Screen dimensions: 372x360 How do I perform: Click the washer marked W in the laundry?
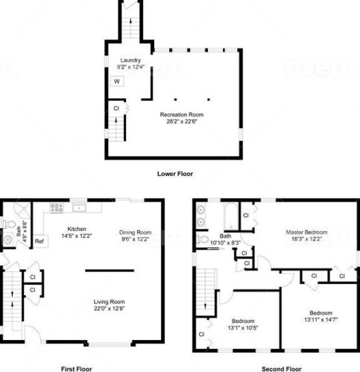[117, 82]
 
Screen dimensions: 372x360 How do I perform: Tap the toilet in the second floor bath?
[201, 239]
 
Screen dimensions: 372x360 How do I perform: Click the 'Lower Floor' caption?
[174, 174]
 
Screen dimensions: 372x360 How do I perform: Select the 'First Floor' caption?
[77, 368]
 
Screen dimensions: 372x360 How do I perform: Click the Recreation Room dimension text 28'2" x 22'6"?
[181, 123]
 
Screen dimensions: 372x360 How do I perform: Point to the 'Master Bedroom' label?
[306, 232]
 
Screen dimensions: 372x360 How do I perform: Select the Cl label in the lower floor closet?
[116, 108]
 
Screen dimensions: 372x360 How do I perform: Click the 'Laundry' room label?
[130, 60]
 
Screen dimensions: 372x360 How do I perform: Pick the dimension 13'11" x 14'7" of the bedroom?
[321, 319]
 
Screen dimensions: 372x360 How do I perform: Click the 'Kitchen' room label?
[78, 229]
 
